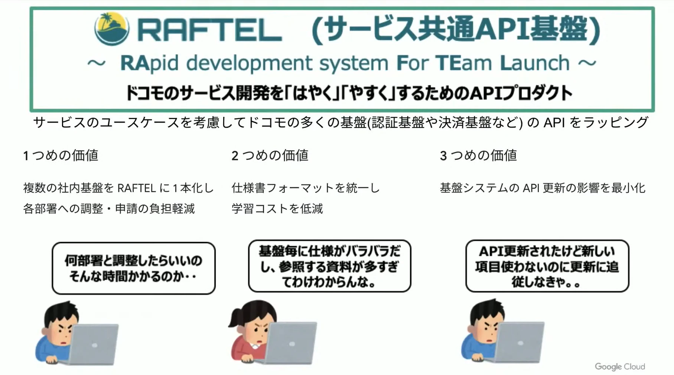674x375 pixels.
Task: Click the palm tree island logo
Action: (112, 29)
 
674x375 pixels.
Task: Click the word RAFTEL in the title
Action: (209, 30)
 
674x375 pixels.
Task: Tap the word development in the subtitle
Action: (249, 63)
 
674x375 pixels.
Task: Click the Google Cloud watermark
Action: (620, 366)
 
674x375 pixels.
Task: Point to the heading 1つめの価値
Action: (61, 155)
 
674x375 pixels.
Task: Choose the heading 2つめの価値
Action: (270, 155)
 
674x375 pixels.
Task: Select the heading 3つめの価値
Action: (478, 155)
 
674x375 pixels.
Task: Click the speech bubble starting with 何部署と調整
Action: (134, 268)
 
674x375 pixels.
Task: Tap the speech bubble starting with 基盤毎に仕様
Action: (330, 266)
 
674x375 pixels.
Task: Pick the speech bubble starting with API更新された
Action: (547, 266)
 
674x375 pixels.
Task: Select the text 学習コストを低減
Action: (277, 209)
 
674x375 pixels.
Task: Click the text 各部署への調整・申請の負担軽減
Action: (109, 209)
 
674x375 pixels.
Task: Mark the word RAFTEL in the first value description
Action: (137, 188)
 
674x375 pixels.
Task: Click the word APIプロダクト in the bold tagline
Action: (521, 93)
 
